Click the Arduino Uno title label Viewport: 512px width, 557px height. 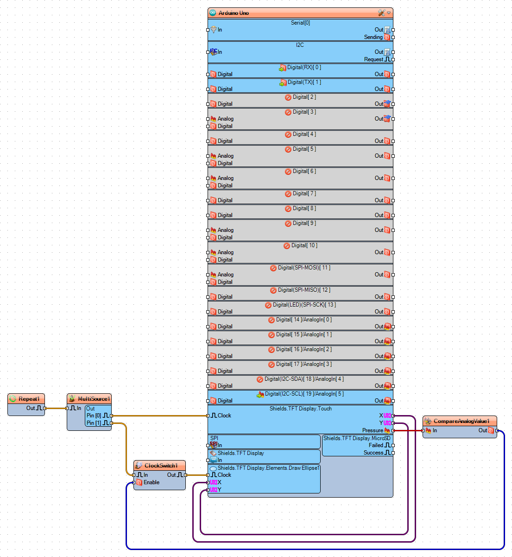234,13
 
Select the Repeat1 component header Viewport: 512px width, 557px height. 29,399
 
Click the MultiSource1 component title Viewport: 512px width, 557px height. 94,399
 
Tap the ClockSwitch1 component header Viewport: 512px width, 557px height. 161,466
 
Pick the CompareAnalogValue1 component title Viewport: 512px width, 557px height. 461,421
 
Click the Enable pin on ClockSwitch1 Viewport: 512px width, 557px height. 151,482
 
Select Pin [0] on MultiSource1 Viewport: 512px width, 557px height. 94,416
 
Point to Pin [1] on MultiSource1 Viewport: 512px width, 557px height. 94,423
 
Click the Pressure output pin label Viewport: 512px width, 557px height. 373,430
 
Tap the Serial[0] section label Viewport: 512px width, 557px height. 300,23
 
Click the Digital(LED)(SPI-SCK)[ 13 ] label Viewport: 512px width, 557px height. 304,305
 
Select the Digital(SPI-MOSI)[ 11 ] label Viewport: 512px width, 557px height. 304,268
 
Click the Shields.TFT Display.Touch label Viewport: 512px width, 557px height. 300,409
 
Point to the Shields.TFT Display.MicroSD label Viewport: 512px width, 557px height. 357,438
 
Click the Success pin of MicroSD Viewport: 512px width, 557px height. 373,453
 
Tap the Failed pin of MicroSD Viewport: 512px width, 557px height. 376,445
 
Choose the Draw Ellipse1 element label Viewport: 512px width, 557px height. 268,468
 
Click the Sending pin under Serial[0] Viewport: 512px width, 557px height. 373,37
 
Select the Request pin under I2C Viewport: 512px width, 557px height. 373,59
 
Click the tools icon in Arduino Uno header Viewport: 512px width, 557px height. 381,13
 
